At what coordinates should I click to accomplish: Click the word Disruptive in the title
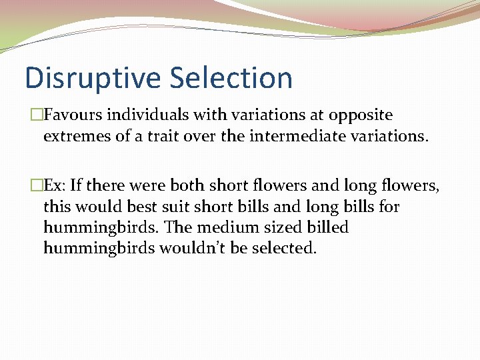pos(93,78)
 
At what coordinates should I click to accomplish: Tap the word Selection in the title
pos(231,78)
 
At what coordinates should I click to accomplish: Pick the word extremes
pos(75,137)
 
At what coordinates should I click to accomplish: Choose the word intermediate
pos(266,137)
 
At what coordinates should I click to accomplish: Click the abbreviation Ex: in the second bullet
pos(55,185)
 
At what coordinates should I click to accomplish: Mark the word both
pos(189,185)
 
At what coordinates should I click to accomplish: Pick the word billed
pos(327,228)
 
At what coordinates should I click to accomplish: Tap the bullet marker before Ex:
pos(30,185)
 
